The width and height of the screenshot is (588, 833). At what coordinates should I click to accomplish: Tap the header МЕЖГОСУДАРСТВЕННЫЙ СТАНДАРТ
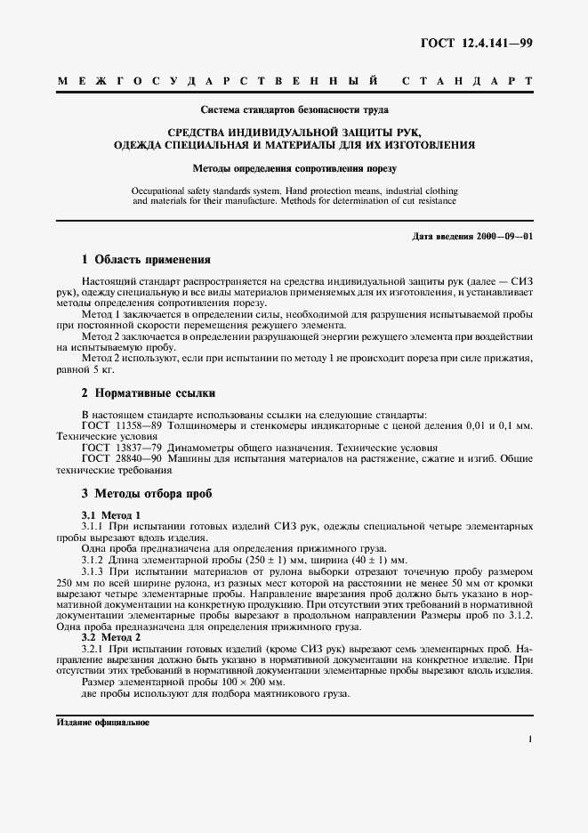294,81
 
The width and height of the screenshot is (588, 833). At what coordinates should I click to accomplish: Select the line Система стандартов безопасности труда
293,112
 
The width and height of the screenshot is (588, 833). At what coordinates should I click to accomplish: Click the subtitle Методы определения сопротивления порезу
293,166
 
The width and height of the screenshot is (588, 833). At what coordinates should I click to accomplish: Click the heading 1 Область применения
146,261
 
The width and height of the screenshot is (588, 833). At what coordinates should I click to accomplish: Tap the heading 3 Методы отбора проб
147,493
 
